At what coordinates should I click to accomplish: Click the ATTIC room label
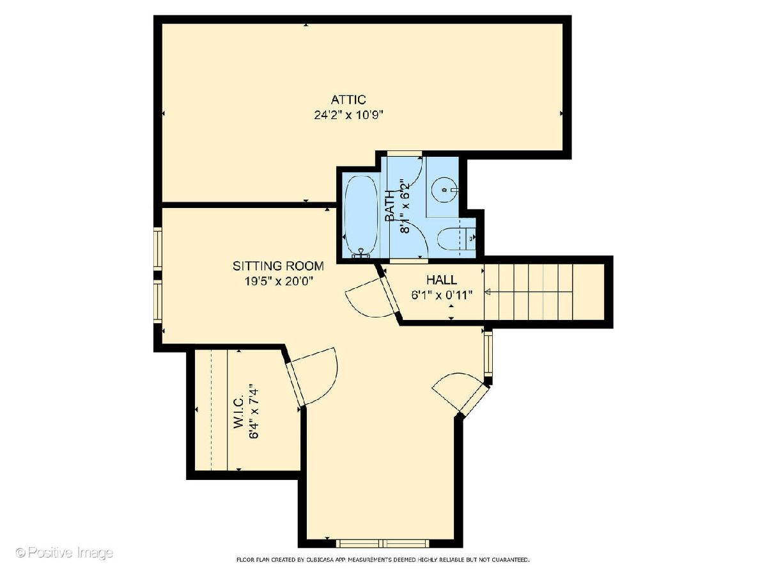pyautogui.click(x=348, y=100)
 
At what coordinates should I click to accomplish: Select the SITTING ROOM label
pyautogui.click(x=278, y=266)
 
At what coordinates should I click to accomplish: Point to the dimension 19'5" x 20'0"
pyautogui.click(x=278, y=281)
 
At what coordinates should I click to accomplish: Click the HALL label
pyautogui.click(x=441, y=280)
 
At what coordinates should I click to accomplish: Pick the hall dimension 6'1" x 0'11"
pyautogui.click(x=442, y=295)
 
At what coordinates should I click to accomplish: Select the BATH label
pyautogui.click(x=390, y=206)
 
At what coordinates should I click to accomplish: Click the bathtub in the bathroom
pyautogui.click(x=361, y=216)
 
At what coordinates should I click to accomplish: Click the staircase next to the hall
pyautogui.click(x=544, y=292)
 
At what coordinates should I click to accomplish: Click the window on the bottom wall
pyautogui.click(x=383, y=553)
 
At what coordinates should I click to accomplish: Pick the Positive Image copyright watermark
pyautogui.click(x=65, y=552)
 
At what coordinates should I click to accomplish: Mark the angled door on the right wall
pyautogui.click(x=461, y=394)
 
